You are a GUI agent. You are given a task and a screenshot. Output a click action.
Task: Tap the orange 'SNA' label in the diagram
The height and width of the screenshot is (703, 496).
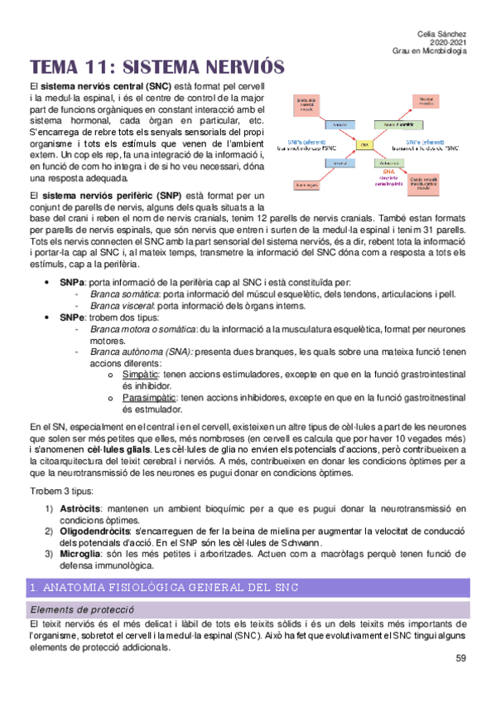click(x=388, y=170)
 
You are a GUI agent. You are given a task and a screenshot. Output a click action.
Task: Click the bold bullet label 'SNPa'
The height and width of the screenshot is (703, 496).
click(x=72, y=283)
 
